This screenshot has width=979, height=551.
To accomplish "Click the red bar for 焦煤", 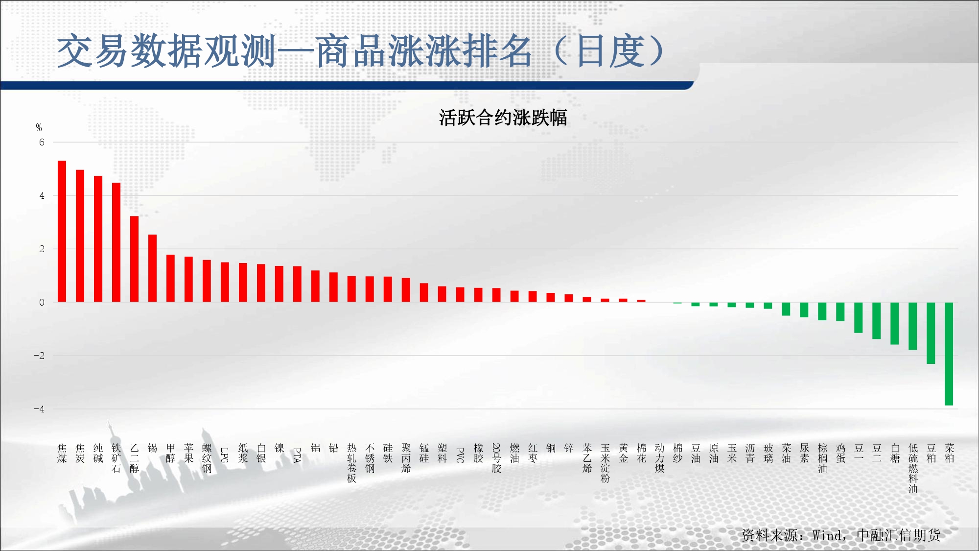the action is (62, 231).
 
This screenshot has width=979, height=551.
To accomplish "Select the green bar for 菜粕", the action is (949, 354).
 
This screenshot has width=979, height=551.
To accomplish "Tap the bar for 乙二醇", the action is (135, 259).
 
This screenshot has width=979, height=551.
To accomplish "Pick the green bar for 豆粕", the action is (931, 333).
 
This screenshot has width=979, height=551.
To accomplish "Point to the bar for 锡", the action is (153, 268).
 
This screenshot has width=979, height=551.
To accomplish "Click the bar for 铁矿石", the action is (117, 242).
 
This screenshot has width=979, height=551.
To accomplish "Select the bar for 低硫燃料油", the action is (912, 326).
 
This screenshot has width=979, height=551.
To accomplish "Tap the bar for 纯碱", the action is (98, 239).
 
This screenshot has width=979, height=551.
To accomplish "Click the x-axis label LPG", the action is (225, 455).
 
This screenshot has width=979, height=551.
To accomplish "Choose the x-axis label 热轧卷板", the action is (351, 463).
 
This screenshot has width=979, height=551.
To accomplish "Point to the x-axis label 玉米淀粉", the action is (605, 463).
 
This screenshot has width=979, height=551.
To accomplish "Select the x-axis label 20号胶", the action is (496, 458).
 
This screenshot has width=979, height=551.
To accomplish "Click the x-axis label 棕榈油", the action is (822, 458).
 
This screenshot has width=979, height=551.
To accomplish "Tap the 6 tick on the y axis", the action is (42, 143).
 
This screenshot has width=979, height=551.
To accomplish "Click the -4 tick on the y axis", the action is (39, 409).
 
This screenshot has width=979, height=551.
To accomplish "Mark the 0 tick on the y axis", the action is (42, 302).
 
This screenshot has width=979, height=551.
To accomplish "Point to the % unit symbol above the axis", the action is (39, 128).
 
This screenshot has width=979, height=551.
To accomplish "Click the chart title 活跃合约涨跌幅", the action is (503, 118).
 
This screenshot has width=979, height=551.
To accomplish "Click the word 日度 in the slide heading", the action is (610, 51).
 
